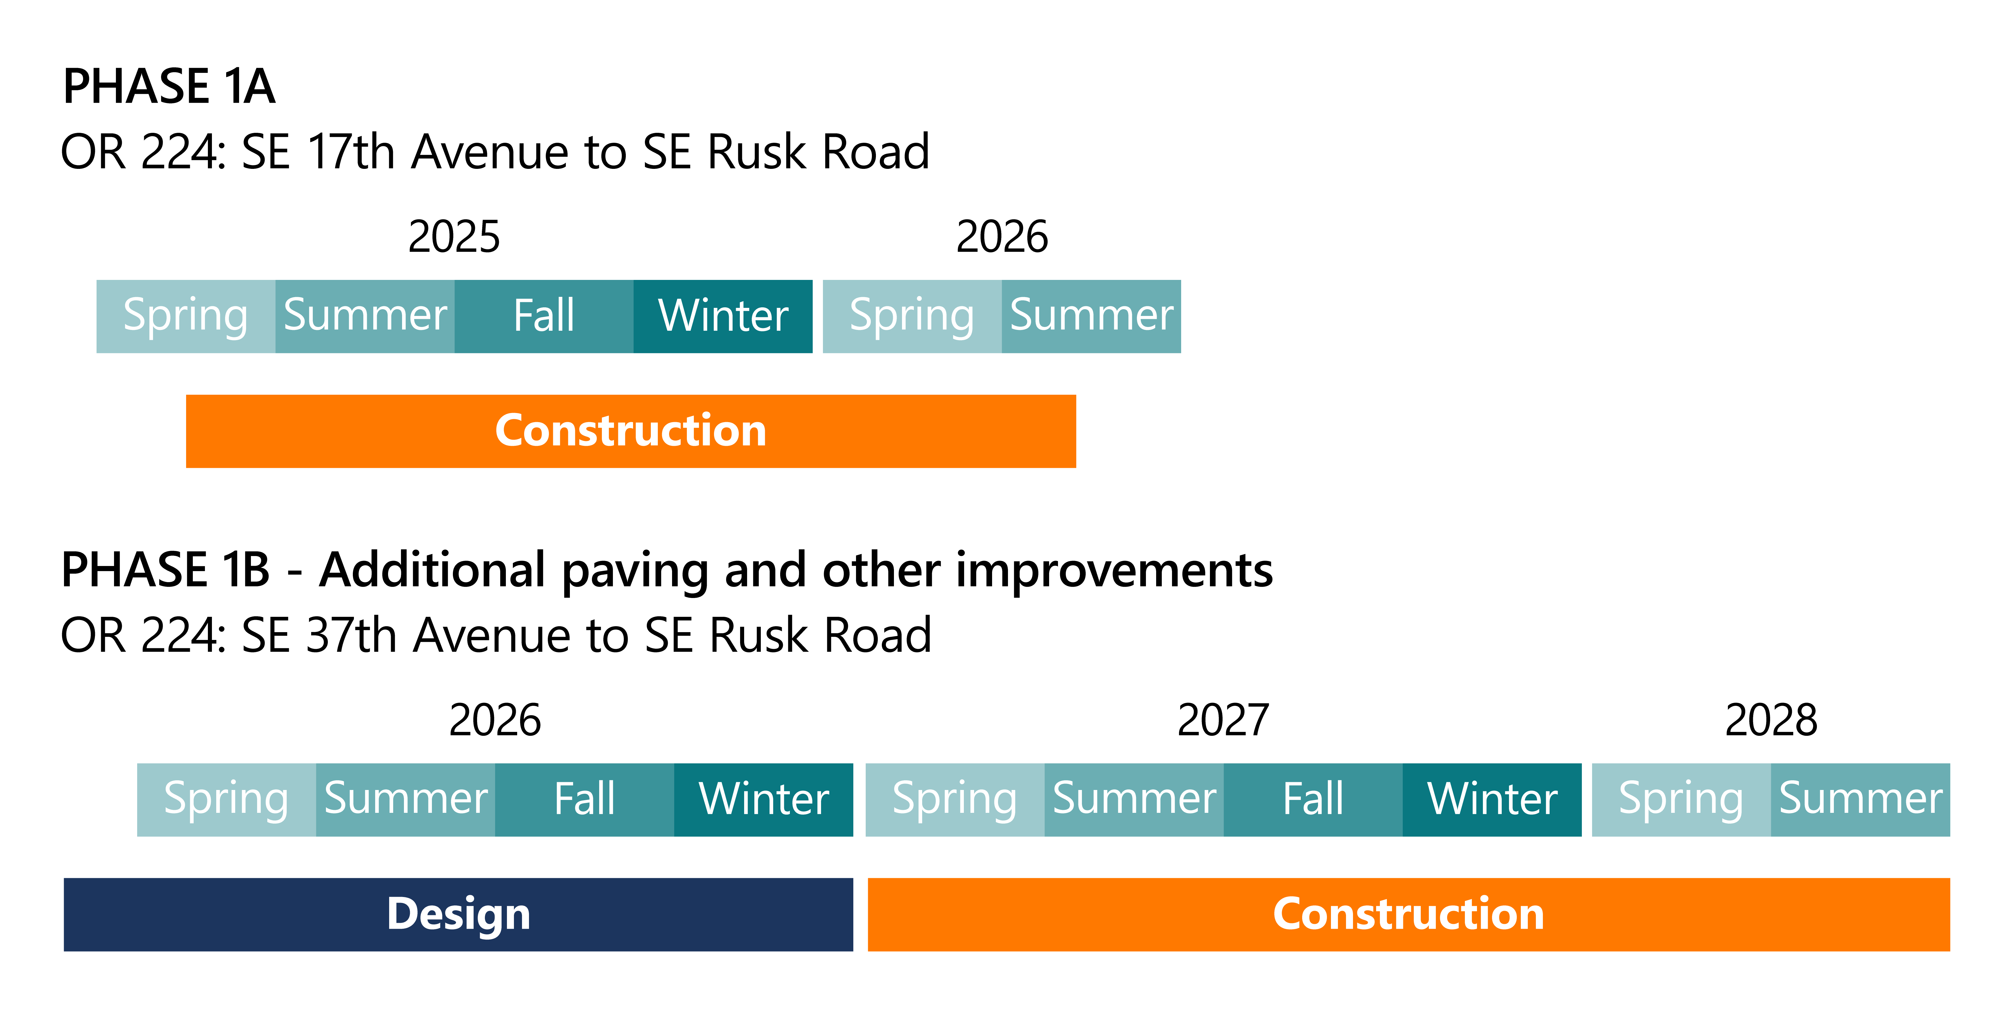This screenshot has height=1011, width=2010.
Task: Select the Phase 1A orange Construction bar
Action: [x=630, y=431]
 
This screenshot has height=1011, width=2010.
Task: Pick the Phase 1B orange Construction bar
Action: [x=1408, y=914]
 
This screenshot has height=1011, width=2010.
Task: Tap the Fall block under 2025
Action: [x=544, y=316]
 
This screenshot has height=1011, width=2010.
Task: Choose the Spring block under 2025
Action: [x=186, y=316]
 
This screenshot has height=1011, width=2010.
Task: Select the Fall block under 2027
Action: [x=1313, y=800]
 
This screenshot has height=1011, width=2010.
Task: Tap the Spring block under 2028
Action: [x=1682, y=800]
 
